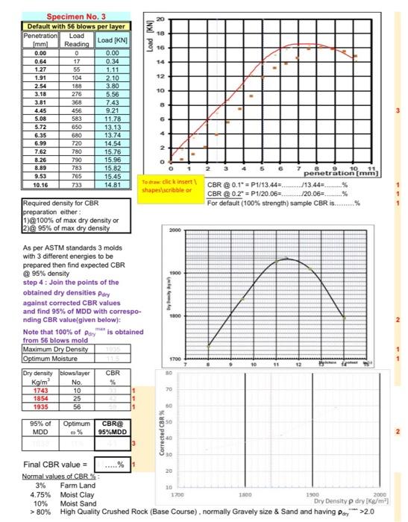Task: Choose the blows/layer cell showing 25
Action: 75,400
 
